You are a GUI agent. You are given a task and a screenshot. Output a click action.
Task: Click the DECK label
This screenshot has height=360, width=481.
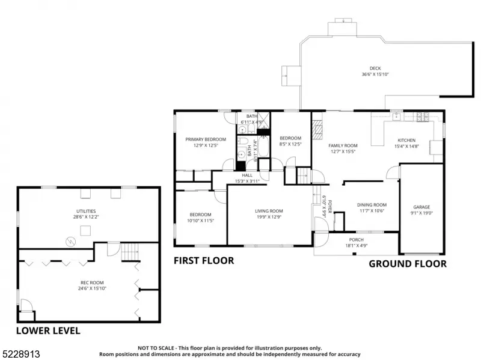375,69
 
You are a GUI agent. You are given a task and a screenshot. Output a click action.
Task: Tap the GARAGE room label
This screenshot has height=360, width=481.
421,207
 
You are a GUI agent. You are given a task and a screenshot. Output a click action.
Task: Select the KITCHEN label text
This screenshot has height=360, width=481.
406,140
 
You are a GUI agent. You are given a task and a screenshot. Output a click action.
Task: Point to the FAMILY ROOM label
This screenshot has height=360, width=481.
343,145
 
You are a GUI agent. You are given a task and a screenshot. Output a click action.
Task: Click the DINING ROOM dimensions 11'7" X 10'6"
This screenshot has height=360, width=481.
372,211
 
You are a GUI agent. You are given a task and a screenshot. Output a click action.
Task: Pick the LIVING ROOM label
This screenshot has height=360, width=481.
269,211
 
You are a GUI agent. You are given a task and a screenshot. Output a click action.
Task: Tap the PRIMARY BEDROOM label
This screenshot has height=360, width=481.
206,139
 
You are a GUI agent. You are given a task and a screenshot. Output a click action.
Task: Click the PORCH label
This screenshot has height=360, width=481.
356,239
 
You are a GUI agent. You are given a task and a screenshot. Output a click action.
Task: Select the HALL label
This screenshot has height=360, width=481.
247,175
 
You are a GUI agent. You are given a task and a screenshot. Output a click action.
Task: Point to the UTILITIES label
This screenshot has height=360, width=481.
86,211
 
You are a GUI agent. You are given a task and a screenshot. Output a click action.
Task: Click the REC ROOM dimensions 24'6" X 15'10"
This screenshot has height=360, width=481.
92,288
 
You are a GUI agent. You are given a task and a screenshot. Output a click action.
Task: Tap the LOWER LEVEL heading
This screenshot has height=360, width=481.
48,331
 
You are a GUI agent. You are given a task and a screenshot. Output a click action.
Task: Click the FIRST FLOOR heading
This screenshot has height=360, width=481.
204,261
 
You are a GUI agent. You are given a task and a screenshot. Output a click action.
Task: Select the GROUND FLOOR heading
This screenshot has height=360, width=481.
408,264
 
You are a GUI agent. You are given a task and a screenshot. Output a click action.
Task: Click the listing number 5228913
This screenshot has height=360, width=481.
20,354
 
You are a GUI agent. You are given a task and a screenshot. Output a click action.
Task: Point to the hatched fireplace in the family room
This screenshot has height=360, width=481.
317,129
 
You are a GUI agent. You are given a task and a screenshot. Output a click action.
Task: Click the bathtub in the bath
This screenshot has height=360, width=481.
263,146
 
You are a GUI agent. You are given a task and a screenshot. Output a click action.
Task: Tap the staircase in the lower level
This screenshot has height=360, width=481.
129,251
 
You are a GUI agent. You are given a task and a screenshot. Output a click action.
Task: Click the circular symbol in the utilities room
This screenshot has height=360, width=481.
71,242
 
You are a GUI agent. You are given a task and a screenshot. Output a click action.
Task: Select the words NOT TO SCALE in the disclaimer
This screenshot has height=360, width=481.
156,348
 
